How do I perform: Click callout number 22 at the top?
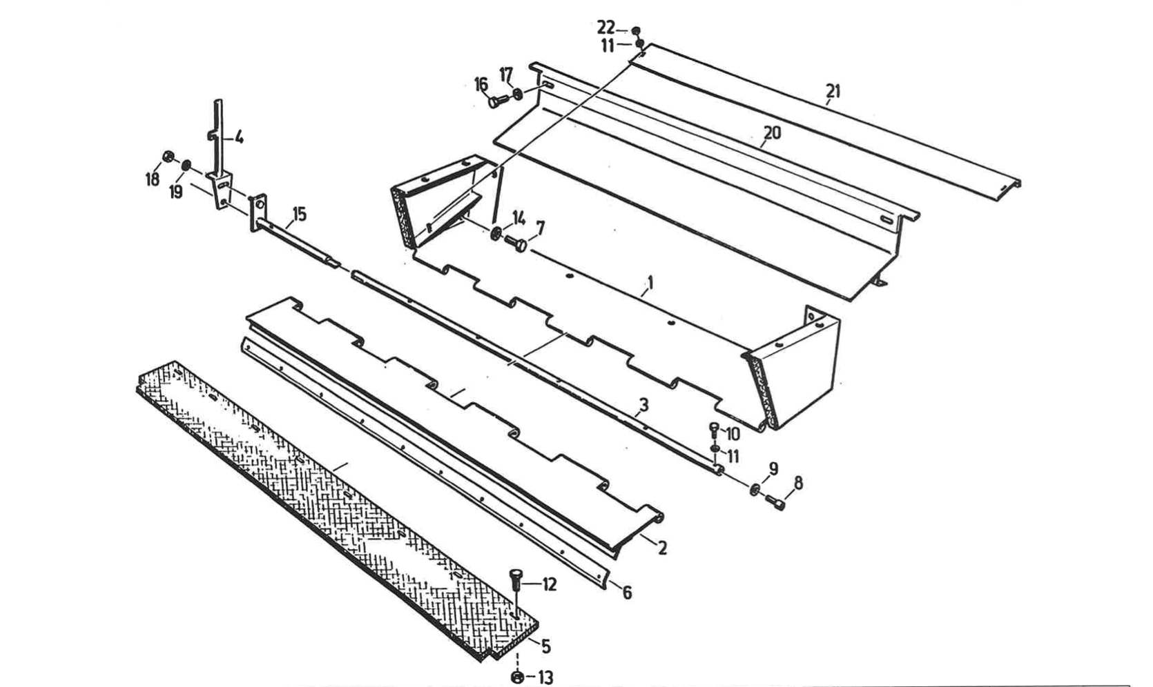[x=605, y=28]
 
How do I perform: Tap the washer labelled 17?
[x=519, y=93]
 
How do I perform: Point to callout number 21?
[x=834, y=90]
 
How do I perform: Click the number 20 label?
[x=772, y=132]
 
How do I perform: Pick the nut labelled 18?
[x=167, y=156]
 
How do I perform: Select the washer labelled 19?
[x=186, y=166]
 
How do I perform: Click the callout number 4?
[x=238, y=137]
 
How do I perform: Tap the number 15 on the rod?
[x=298, y=214]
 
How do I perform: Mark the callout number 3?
[x=643, y=405]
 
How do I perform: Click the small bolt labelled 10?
[x=715, y=430]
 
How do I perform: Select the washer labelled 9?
[x=754, y=490]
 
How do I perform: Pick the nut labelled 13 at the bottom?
[x=518, y=677]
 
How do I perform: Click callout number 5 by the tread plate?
[x=545, y=647]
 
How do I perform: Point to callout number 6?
[x=627, y=593]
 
